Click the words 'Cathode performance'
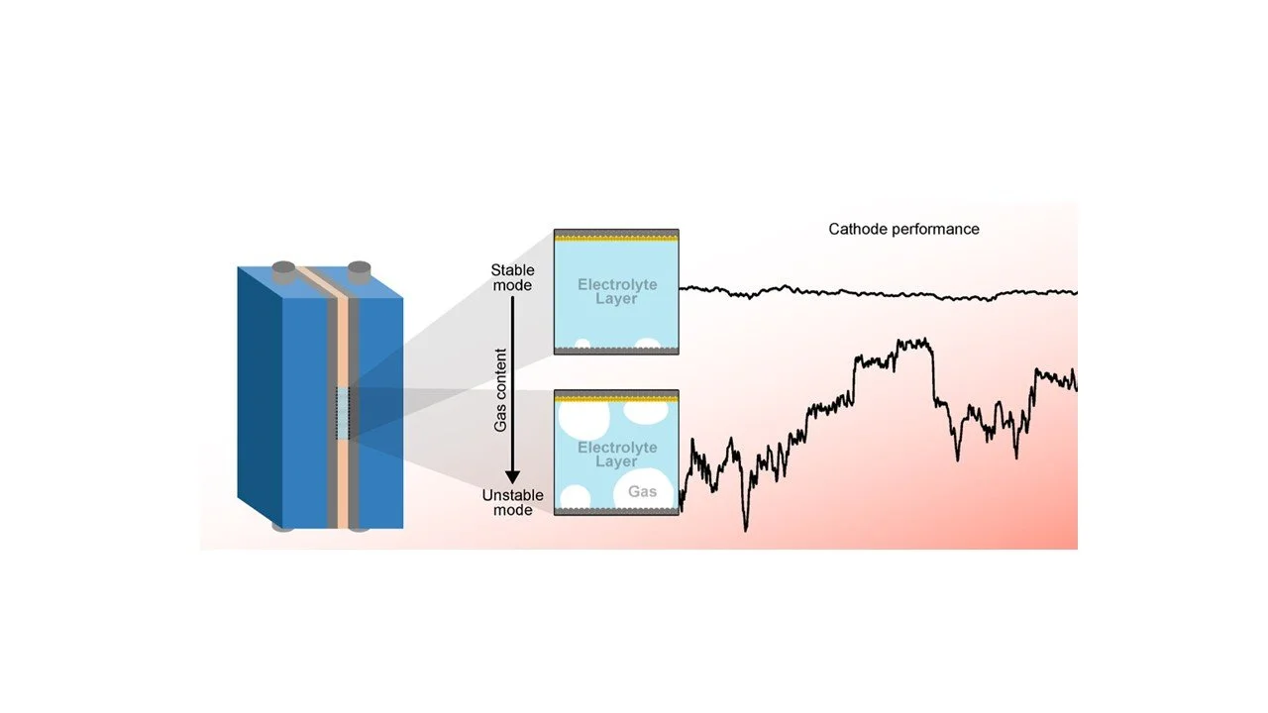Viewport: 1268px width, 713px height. pos(903,229)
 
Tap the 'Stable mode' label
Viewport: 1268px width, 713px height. pos(512,278)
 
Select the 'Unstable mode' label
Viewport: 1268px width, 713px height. pos(512,502)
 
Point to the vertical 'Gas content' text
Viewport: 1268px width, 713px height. pos(501,389)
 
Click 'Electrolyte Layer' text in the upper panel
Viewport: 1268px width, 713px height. pos(616,291)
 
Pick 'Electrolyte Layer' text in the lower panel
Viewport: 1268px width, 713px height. pos(616,455)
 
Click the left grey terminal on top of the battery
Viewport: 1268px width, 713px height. pos(282,268)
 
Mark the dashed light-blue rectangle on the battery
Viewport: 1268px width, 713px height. pos(343,413)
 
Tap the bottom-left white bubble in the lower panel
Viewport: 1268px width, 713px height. pos(575,496)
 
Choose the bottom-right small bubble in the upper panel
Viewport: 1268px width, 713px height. pos(648,344)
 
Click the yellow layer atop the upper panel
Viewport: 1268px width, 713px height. pos(615,239)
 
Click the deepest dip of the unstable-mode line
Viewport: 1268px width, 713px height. pos(746,528)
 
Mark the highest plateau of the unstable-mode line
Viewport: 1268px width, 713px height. pos(911,344)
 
